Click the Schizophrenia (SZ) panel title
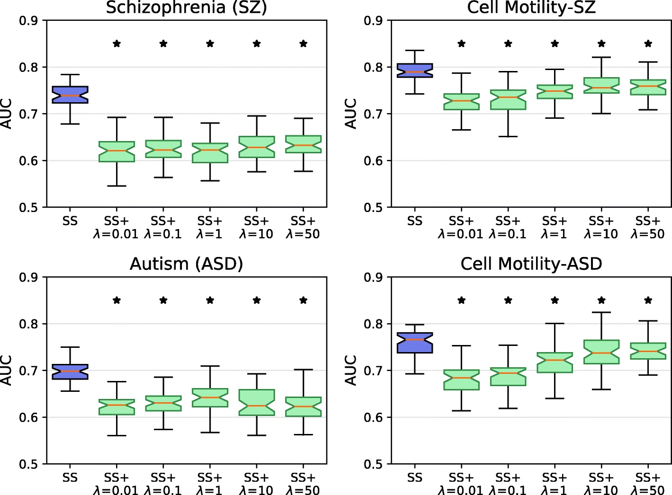186,8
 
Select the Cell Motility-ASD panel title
531,264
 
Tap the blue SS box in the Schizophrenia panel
70,95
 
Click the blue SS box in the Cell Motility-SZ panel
414,71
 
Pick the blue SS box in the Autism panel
70,371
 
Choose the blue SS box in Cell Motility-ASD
414,343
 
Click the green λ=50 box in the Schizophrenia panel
303,144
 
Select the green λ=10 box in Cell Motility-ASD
601,352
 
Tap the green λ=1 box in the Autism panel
210,398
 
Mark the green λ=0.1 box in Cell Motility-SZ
508,100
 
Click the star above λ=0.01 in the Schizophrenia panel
116,44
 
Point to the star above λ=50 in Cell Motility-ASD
648,300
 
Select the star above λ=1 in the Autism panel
210,300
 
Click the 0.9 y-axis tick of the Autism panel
28,277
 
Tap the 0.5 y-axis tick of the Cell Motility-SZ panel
373,207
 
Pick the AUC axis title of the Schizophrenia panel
7,114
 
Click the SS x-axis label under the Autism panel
70,477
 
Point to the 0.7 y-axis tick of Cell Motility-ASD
373,371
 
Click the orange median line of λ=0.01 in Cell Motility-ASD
461,378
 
